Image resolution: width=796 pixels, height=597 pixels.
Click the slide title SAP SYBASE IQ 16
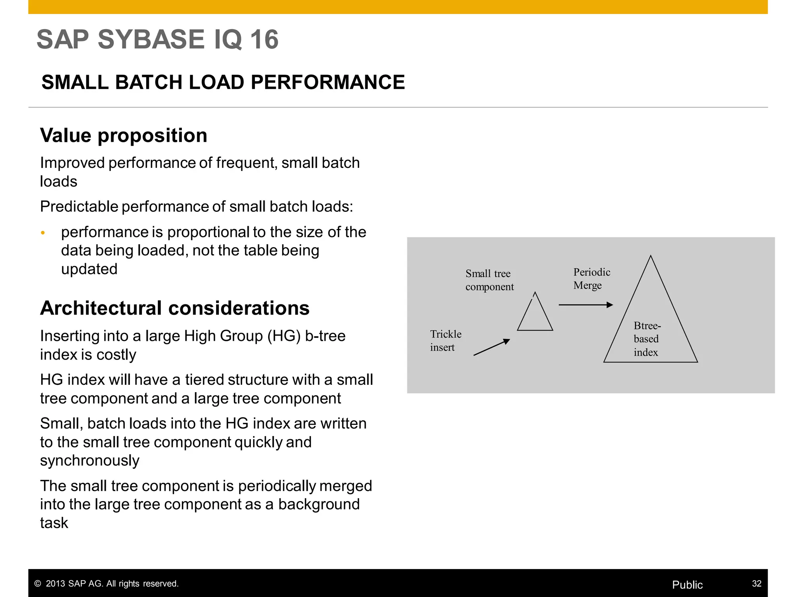157,39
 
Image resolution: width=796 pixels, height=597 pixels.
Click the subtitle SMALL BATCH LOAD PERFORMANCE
223,82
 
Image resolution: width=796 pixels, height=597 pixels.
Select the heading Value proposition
124,135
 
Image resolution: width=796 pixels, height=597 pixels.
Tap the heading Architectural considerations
175,308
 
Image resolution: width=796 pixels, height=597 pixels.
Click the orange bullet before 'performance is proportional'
43,233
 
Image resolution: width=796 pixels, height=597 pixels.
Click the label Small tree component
489,280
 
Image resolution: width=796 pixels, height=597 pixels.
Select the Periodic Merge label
591,278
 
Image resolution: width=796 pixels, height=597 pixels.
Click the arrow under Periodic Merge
585,305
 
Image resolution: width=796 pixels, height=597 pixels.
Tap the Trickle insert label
445,340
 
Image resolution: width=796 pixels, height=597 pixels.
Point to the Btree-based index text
647,339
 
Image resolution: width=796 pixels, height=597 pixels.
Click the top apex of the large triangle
650,257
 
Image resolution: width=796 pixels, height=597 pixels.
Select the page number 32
756,583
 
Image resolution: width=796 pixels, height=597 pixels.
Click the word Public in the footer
687,585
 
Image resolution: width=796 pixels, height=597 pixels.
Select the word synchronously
89,461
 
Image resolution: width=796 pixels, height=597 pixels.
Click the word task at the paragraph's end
54,523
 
